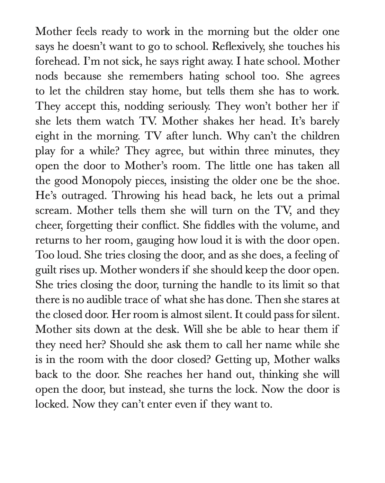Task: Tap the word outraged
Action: point(84,196)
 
